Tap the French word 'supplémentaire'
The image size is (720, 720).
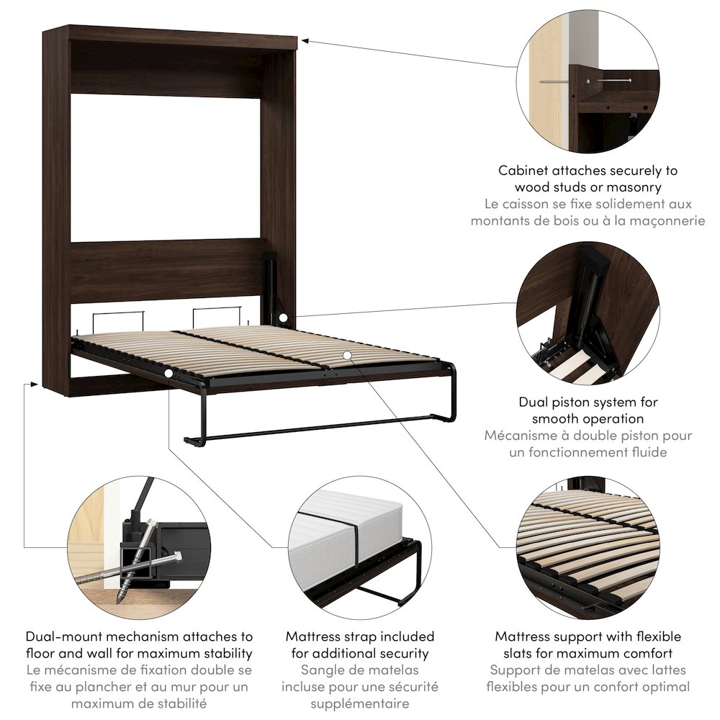click(x=360, y=703)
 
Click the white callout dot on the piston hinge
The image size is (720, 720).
click(x=284, y=318)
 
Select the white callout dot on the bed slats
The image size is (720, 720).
click(x=347, y=355)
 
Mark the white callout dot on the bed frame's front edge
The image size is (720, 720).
click(x=168, y=374)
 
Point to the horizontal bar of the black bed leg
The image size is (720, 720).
click(x=317, y=431)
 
